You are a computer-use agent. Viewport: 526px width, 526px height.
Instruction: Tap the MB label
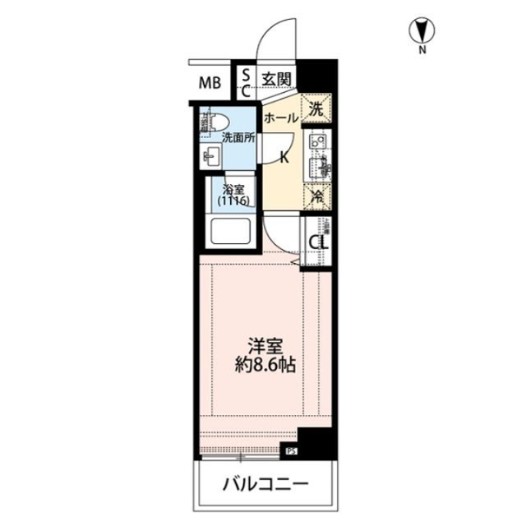click(211, 82)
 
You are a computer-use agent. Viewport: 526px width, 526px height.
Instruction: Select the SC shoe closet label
click(245, 82)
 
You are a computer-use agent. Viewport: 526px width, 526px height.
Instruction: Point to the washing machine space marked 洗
click(315, 106)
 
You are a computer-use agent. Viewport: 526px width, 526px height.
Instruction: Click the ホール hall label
click(281, 118)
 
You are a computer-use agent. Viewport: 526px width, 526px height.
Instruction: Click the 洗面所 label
click(238, 137)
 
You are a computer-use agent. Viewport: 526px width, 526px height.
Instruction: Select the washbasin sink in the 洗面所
click(211, 155)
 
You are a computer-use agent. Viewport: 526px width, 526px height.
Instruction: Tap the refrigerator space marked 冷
click(315, 196)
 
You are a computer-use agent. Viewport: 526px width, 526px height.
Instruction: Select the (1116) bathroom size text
click(233, 201)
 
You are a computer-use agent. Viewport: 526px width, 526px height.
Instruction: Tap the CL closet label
click(317, 242)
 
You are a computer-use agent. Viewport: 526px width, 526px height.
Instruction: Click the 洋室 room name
click(262, 346)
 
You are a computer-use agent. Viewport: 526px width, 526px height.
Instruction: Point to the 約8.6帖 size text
click(262, 366)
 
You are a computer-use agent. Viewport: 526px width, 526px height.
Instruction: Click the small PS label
click(290, 450)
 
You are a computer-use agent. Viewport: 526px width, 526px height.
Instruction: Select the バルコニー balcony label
click(265, 483)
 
